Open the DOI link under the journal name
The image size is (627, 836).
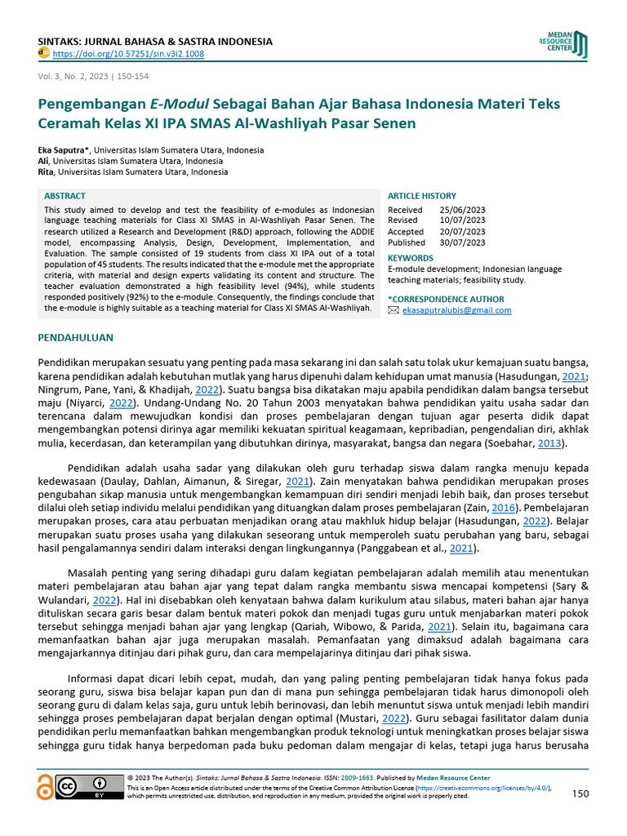pos(128,54)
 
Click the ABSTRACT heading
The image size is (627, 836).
pos(64,197)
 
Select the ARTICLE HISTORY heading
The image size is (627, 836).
pos(421,196)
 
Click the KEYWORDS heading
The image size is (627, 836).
pos(410,258)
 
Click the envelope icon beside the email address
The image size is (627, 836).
pos(394,310)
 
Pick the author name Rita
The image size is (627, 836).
pos(47,172)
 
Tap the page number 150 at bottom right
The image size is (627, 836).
pos(580,794)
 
